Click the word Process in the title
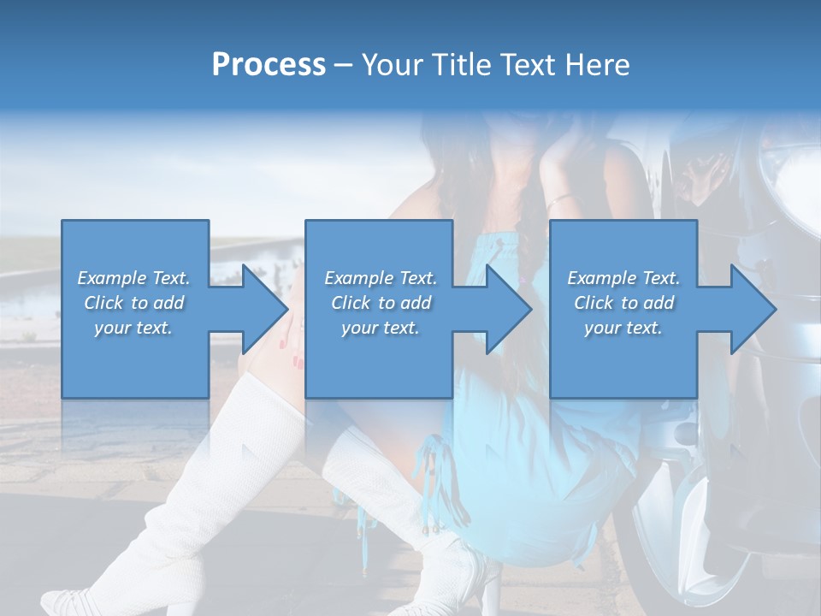coord(269,65)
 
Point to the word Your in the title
coord(390,65)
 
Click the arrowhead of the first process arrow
coord(265,309)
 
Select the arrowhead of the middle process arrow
coord(510,309)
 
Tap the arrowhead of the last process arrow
coord(754,309)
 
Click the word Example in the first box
coord(111,278)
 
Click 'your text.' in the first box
coord(133,328)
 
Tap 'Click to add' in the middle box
coord(381,303)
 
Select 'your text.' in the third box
coord(623,328)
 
